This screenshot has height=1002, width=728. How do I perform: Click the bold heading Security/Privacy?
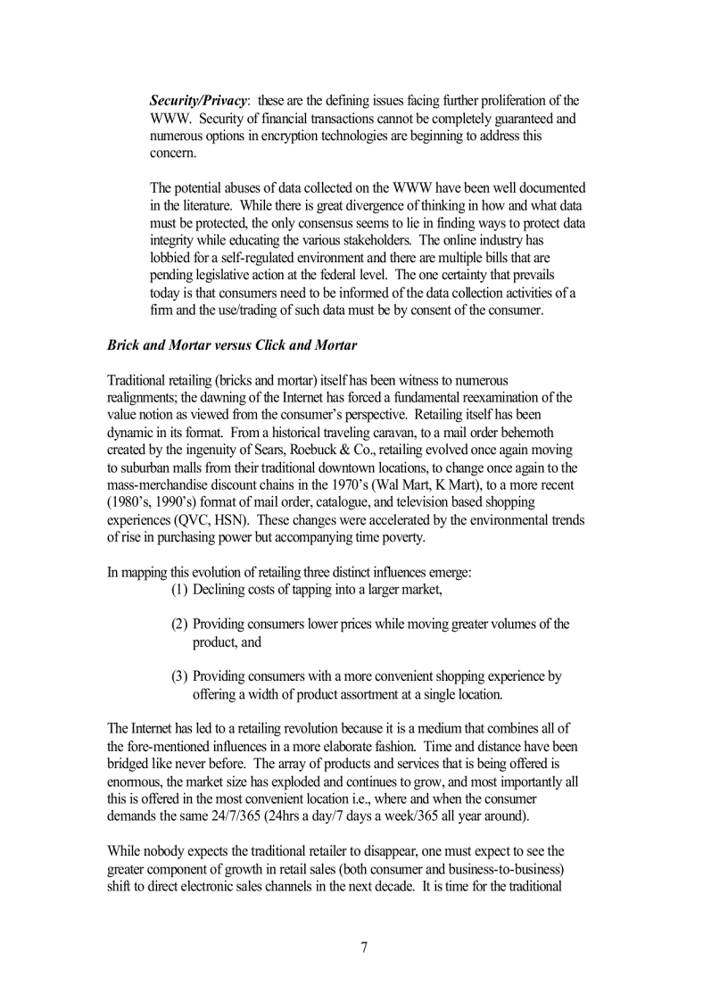tap(197, 101)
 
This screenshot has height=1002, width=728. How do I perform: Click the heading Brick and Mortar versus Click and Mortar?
tap(231, 344)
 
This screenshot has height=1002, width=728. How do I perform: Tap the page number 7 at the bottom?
tap(364, 948)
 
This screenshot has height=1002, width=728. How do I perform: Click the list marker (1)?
tap(179, 589)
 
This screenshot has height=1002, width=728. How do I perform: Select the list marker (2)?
tap(179, 624)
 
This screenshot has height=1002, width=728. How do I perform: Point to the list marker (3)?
tap(179, 676)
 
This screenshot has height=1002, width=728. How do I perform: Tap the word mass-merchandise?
tap(161, 484)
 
